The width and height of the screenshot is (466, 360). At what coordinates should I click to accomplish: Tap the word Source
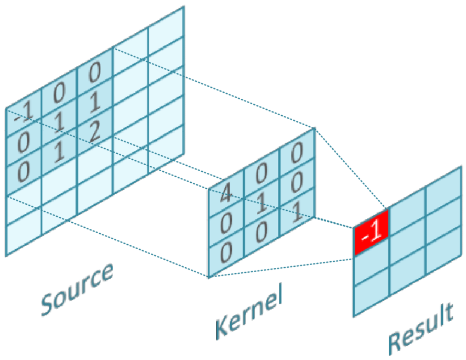[x=77, y=289]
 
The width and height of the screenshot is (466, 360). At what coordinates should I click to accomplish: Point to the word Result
[x=420, y=329]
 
